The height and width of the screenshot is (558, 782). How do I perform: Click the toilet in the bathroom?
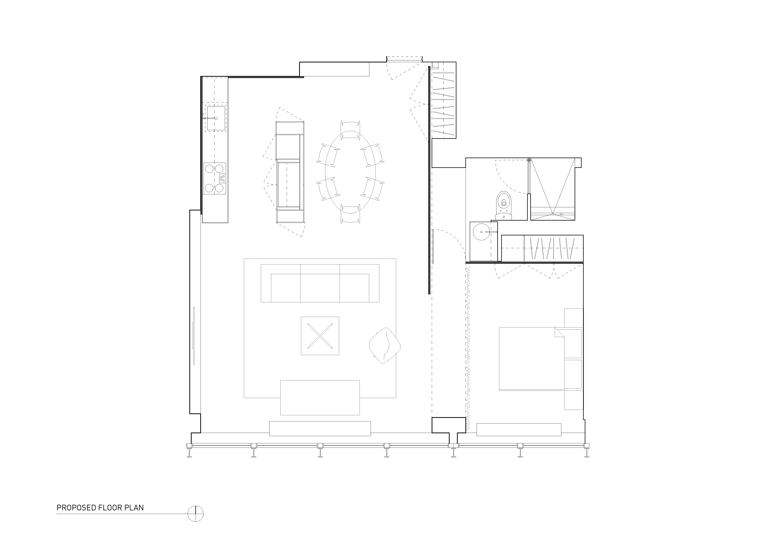[x=504, y=205]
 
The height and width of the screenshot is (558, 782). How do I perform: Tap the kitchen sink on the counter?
[x=216, y=118]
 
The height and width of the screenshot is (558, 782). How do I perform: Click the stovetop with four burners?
[x=215, y=178]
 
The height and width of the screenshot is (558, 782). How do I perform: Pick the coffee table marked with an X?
[x=320, y=336]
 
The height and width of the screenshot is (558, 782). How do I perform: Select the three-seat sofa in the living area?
[x=320, y=283]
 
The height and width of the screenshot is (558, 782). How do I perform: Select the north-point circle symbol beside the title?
[x=196, y=514]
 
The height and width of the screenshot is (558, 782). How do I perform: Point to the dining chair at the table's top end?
[x=350, y=130]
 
